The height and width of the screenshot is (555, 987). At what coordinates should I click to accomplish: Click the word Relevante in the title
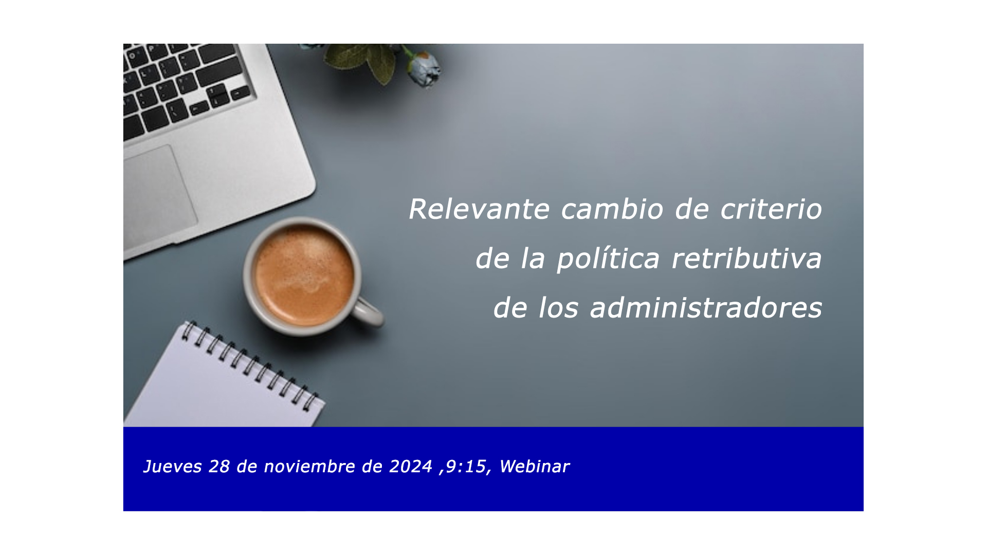479,209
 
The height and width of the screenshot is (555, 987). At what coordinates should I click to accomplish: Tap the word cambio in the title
612,209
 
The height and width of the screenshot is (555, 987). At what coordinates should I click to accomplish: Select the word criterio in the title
771,209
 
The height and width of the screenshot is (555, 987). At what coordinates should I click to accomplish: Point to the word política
608,258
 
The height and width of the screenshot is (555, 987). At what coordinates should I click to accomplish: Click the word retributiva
747,258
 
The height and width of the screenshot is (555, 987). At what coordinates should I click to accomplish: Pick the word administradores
706,308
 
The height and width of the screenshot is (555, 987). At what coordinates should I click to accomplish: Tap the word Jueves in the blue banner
172,467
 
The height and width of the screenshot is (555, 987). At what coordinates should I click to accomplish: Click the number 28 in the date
219,467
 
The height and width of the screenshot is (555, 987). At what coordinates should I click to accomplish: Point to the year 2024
410,467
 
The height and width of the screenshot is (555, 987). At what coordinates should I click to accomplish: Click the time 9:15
465,467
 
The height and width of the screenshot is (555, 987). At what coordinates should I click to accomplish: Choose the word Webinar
534,467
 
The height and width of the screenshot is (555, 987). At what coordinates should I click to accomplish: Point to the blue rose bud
424,68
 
